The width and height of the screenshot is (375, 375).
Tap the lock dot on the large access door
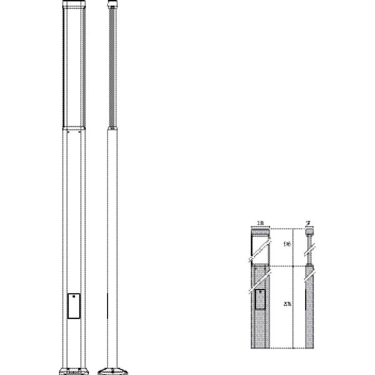tap(72, 299)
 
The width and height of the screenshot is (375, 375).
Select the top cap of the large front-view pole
tap(72, 5)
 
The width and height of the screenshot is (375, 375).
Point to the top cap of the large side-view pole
tap(112, 6)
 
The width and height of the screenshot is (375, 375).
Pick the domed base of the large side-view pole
tap(112, 368)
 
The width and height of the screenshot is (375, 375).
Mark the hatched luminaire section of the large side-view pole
tap(112, 69)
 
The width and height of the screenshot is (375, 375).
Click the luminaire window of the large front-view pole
tap(72, 69)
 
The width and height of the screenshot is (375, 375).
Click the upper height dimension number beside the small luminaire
tap(287, 244)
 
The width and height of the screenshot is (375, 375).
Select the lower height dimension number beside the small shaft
tap(287, 304)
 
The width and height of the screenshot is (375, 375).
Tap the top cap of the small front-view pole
tap(260, 233)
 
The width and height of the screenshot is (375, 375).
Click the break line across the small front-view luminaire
tap(260, 252)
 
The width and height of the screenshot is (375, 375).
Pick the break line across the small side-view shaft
tap(308, 273)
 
